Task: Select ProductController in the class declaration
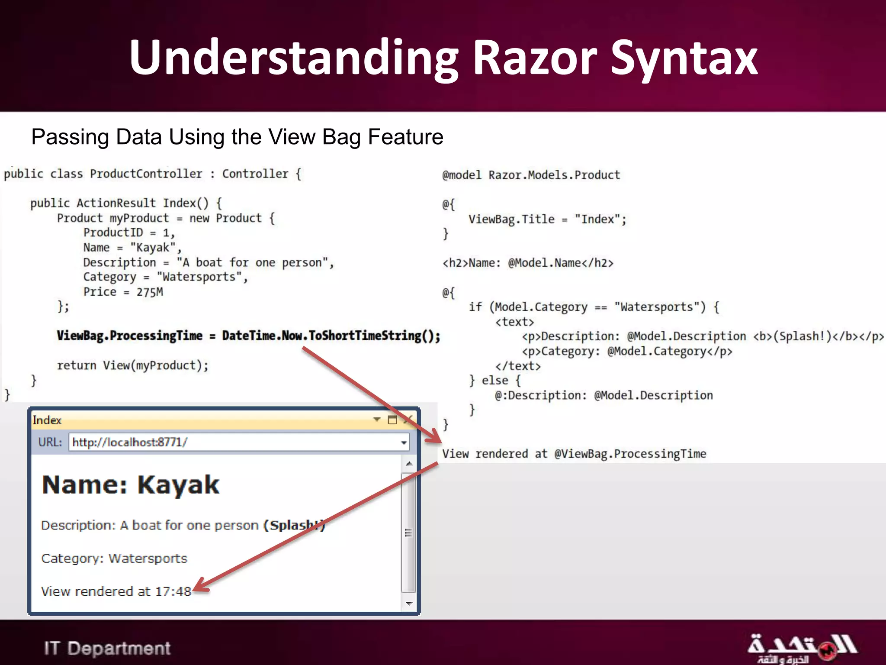146,174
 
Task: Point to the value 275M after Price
150,292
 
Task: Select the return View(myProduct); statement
132,365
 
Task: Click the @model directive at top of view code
461,175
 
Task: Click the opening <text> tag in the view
514,322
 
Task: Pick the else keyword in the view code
495,381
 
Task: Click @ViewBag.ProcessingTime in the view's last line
630,454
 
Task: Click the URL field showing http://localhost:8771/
238,442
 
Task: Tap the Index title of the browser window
47,420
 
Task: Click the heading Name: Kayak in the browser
131,484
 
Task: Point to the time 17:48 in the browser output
173,591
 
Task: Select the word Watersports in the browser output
148,558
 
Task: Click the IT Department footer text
107,648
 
